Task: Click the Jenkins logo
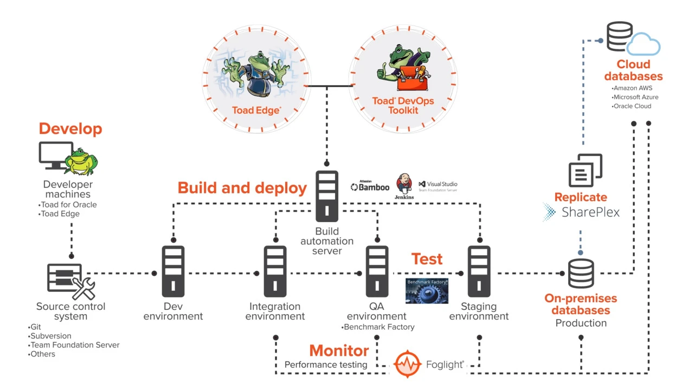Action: click(404, 186)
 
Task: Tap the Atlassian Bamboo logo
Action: click(370, 186)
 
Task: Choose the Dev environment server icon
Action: click(173, 271)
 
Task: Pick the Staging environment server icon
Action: click(479, 271)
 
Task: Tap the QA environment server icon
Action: click(377, 271)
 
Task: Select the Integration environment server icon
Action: click(275, 271)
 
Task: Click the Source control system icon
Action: click(70, 281)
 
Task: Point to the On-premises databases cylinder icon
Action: click(581, 274)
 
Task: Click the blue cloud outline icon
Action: click(644, 44)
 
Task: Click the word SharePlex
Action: click(590, 212)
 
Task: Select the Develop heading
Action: click(70, 128)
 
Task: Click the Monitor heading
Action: click(339, 350)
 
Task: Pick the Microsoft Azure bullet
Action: click(635, 97)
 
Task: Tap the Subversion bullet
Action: click(50, 336)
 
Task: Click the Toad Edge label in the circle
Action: click(256, 110)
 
